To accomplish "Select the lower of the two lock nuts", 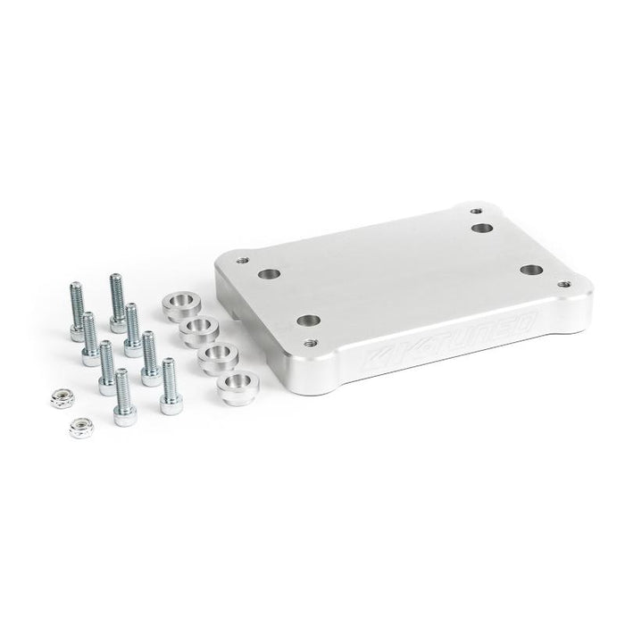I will point(79,428).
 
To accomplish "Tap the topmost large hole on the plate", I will point(483,229).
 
